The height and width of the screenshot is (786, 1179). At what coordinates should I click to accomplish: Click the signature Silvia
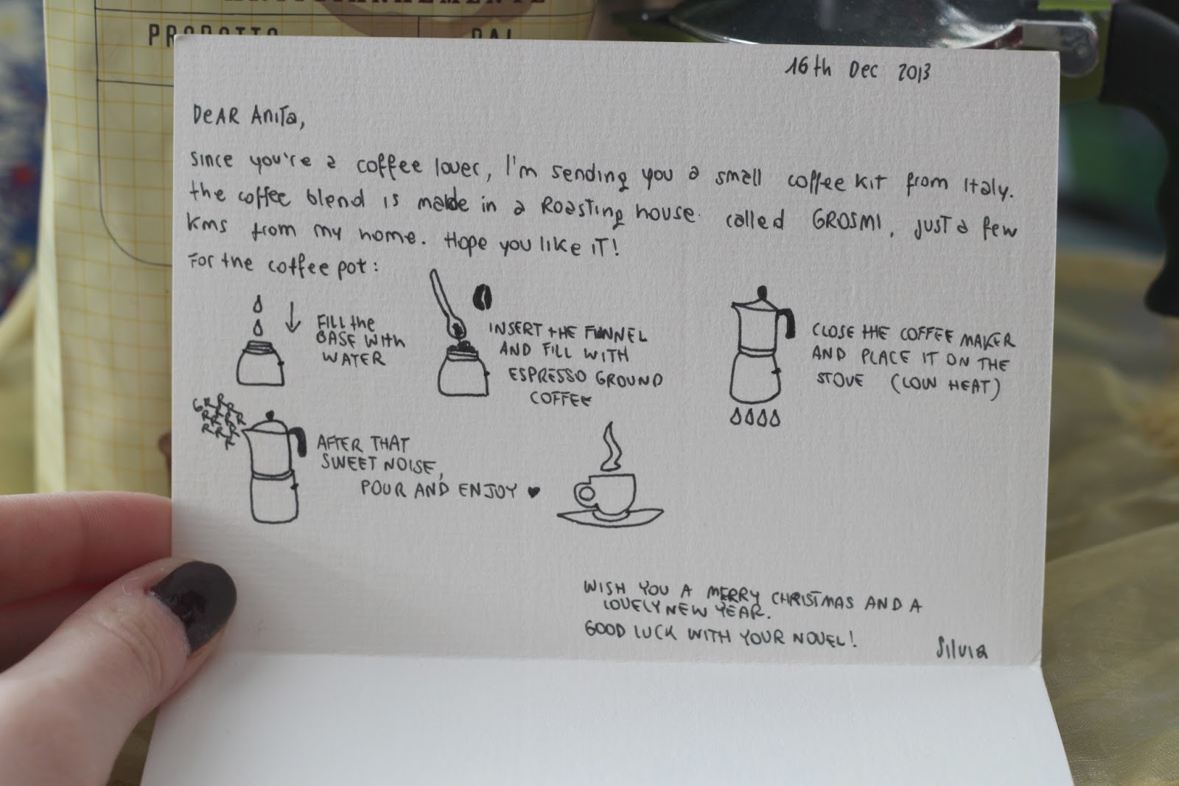click(x=962, y=648)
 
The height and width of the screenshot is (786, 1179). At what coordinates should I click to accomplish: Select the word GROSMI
click(x=847, y=221)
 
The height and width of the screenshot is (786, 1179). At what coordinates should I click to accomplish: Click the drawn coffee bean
click(x=482, y=298)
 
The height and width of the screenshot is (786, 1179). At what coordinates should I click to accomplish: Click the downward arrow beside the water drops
click(x=293, y=317)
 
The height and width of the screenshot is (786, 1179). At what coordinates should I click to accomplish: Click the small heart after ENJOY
click(x=533, y=492)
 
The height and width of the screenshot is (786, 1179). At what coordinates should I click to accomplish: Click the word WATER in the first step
click(x=354, y=358)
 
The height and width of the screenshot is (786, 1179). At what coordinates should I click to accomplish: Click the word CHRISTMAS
click(x=812, y=601)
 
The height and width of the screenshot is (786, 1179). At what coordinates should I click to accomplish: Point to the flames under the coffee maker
click(x=755, y=418)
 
